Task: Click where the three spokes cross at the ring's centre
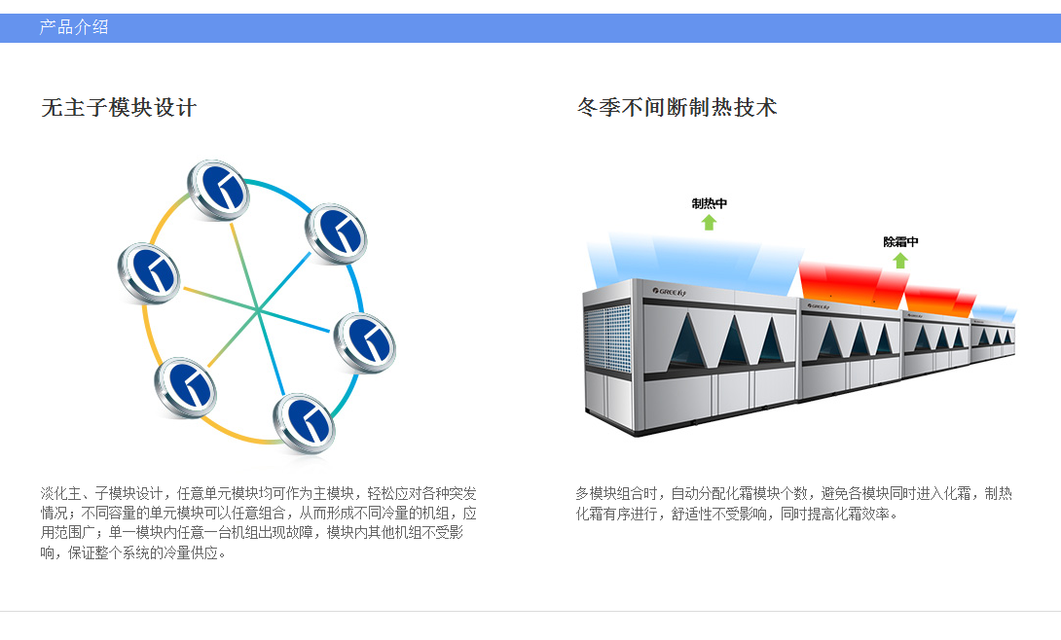258,309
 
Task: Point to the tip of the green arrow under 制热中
709,215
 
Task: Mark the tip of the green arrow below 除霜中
900,253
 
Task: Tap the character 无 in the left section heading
52,107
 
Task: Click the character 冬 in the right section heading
587,107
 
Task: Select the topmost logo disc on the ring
218,190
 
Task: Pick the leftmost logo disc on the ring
149,272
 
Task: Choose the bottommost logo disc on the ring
304,423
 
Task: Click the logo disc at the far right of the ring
365,342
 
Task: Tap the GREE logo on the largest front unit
670,292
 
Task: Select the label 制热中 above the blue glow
710,203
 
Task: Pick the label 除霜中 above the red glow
900,241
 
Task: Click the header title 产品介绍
74,27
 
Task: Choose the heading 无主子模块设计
119,107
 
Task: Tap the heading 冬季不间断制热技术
677,107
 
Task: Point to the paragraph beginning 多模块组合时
793,504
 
